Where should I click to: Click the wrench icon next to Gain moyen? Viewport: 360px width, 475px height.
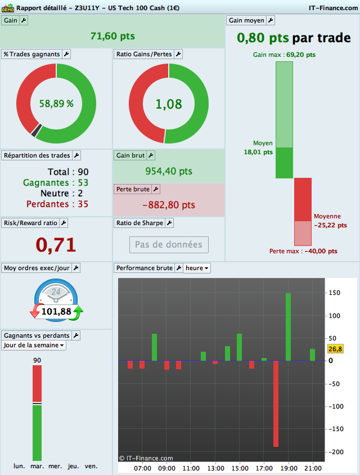coord(270,20)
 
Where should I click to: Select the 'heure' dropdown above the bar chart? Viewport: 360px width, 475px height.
coord(197,268)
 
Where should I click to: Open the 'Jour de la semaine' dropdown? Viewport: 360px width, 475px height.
coord(34,345)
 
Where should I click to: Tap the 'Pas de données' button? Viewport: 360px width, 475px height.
coord(169,245)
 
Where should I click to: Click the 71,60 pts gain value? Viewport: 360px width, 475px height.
coord(112,36)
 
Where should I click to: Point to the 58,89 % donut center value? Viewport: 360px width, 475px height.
coord(56,104)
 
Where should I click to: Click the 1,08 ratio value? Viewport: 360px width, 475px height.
coord(169,104)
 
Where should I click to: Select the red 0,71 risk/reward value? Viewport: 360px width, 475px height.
coord(56,244)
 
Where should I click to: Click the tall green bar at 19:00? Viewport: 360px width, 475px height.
coord(288,326)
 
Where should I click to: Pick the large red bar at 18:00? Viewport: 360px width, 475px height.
coord(276,403)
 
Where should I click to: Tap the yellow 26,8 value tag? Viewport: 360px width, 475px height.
coord(335,349)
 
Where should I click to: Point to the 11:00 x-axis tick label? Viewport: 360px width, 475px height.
coord(191,468)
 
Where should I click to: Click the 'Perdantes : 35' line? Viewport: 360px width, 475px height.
coord(56,204)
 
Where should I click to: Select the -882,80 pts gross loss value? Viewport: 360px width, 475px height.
coord(169,205)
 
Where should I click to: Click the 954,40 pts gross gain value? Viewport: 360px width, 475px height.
coord(169,171)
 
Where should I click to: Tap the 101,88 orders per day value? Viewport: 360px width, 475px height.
coord(56,311)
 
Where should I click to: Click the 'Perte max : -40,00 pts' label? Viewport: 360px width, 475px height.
coord(303,251)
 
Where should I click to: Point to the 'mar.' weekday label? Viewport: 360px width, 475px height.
coord(37,466)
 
